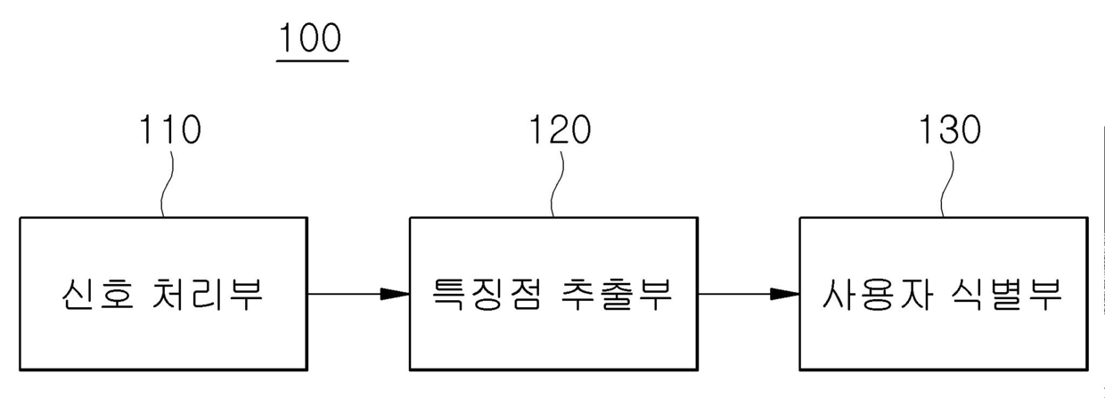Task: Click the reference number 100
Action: click(312, 38)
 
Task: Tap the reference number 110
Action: click(170, 130)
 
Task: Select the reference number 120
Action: click(561, 130)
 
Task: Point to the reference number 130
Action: click(951, 130)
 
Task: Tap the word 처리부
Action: click(203, 294)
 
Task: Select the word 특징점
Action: click(487, 294)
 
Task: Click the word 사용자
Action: click(874, 294)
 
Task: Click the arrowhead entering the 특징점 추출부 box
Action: click(395, 294)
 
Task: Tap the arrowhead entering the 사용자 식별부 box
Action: click(785, 294)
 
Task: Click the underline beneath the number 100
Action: click(312, 61)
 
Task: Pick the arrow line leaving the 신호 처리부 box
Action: click(343, 294)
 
